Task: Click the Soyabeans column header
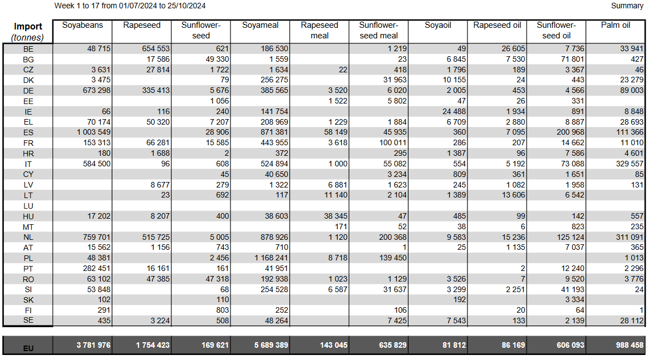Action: pyautogui.click(x=82, y=25)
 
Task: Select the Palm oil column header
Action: pyautogui.click(x=616, y=25)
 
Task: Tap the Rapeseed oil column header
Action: pyautogui.click(x=497, y=25)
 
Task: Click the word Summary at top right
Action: pyautogui.click(x=627, y=6)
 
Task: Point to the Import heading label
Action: pyautogui.click(x=28, y=27)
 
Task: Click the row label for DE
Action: pyautogui.click(x=28, y=91)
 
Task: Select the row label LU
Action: pyautogui.click(x=28, y=206)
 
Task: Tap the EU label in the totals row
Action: pyautogui.click(x=28, y=348)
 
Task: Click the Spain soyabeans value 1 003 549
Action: pyautogui.click(x=94, y=132)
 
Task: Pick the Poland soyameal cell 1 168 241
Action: pyautogui.click(x=271, y=258)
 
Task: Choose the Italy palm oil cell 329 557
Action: pyautogui.click(x=630, y=164)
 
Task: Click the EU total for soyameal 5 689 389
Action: pyautogui.click(x=271, y=345)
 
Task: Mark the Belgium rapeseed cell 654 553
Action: pyautogui.click(x=156, y=49)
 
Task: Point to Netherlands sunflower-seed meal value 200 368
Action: pyautogui.click(x=393, y=237)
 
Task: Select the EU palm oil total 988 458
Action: pyautogui.click(x=630, y=345)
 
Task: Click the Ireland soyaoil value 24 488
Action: pyautogui.click(x=454, y=111)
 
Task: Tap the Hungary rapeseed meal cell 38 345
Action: pyautogui.click(x=336, y=216)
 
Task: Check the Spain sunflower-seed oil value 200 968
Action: pyautogui.click(x=571, y=132)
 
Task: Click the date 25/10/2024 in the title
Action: pyautogui.click(x=186, y=6)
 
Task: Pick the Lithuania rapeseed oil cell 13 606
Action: pyautogui.click(x=513, y=195)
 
